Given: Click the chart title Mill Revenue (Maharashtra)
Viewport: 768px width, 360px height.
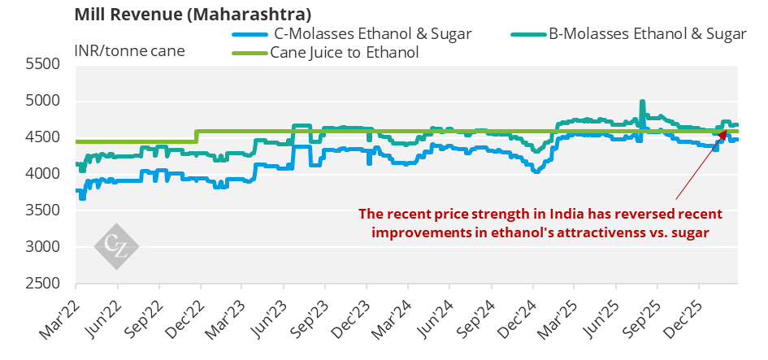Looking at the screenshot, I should tap(193, 15).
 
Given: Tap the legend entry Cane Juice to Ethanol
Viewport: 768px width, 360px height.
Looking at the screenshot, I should tap(349, 53).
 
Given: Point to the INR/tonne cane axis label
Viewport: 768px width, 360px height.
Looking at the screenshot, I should tap(129, 50).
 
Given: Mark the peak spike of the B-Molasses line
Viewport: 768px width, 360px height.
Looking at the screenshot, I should tap(642, 102).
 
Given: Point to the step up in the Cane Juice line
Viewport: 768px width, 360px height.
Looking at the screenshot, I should tap(196, 136).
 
